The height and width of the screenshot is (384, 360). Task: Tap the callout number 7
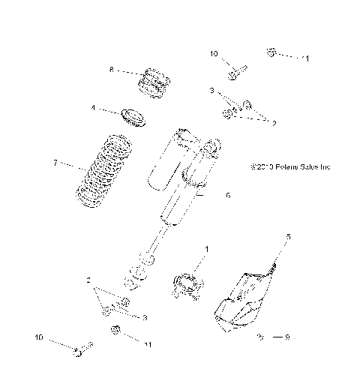(54, 162)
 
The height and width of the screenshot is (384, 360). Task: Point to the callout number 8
(111, 70)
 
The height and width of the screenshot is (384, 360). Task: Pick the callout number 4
(93, 108)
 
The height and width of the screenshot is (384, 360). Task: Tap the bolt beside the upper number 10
(236, 69)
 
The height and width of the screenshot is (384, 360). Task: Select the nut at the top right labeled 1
(271, 52)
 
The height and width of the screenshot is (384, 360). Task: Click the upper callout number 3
(212, 90)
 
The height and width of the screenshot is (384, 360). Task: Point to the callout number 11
(148, 344)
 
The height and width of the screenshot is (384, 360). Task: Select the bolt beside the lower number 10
(81, 349)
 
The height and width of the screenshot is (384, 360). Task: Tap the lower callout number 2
(88, 280)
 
